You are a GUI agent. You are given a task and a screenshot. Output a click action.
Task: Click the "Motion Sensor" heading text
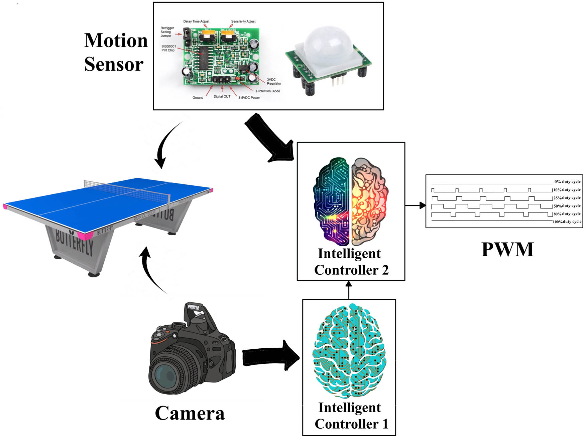[115, 52]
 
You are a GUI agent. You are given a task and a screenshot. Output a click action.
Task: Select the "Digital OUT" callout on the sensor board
[222, 96]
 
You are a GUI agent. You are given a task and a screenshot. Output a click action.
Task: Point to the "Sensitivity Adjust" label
[243, 21]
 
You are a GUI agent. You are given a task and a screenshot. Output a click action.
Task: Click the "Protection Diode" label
[268, 91]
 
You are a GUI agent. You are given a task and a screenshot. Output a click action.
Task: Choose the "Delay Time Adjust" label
[196, 21]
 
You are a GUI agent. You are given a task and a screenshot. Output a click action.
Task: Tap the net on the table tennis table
[127, 189]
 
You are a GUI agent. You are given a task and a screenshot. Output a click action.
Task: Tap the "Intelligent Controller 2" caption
[351, 262]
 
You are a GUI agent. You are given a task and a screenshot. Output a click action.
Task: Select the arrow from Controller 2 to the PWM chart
[415, 205]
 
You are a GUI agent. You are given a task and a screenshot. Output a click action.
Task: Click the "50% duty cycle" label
[567, 206]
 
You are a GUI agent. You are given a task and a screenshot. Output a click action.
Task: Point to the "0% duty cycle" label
[567, 182]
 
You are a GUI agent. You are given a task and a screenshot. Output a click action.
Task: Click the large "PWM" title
[507, 250]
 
